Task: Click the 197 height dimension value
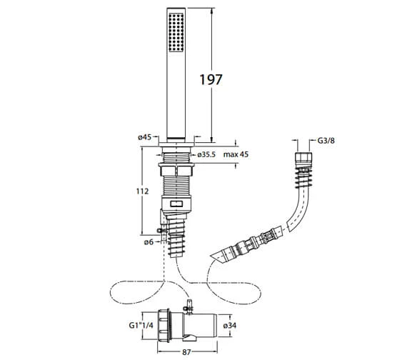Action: [x=211, y=79]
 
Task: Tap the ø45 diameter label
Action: [x=144, y=137]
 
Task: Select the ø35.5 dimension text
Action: [x=206, y=154]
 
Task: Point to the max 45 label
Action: [x=236, y=154]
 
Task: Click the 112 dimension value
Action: [x=143, y=191]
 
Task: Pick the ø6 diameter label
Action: [x=149, y=242]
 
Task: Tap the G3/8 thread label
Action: [x=326, y=141]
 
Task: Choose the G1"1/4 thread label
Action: [x=141, y=325]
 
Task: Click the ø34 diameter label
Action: [x=230, y=325]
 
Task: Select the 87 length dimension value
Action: [x=186, y=352]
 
